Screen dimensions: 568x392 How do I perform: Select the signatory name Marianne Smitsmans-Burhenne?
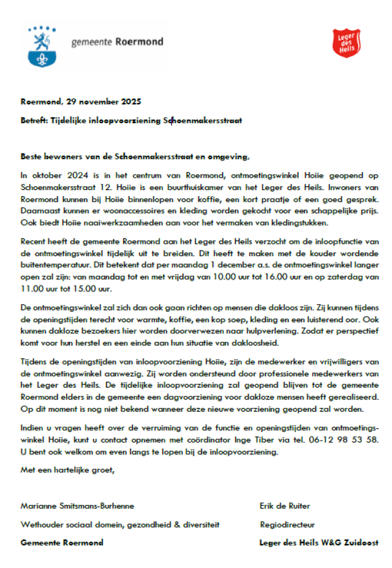[x=77, y=506]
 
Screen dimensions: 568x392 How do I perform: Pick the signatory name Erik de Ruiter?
[x=285, y=506]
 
